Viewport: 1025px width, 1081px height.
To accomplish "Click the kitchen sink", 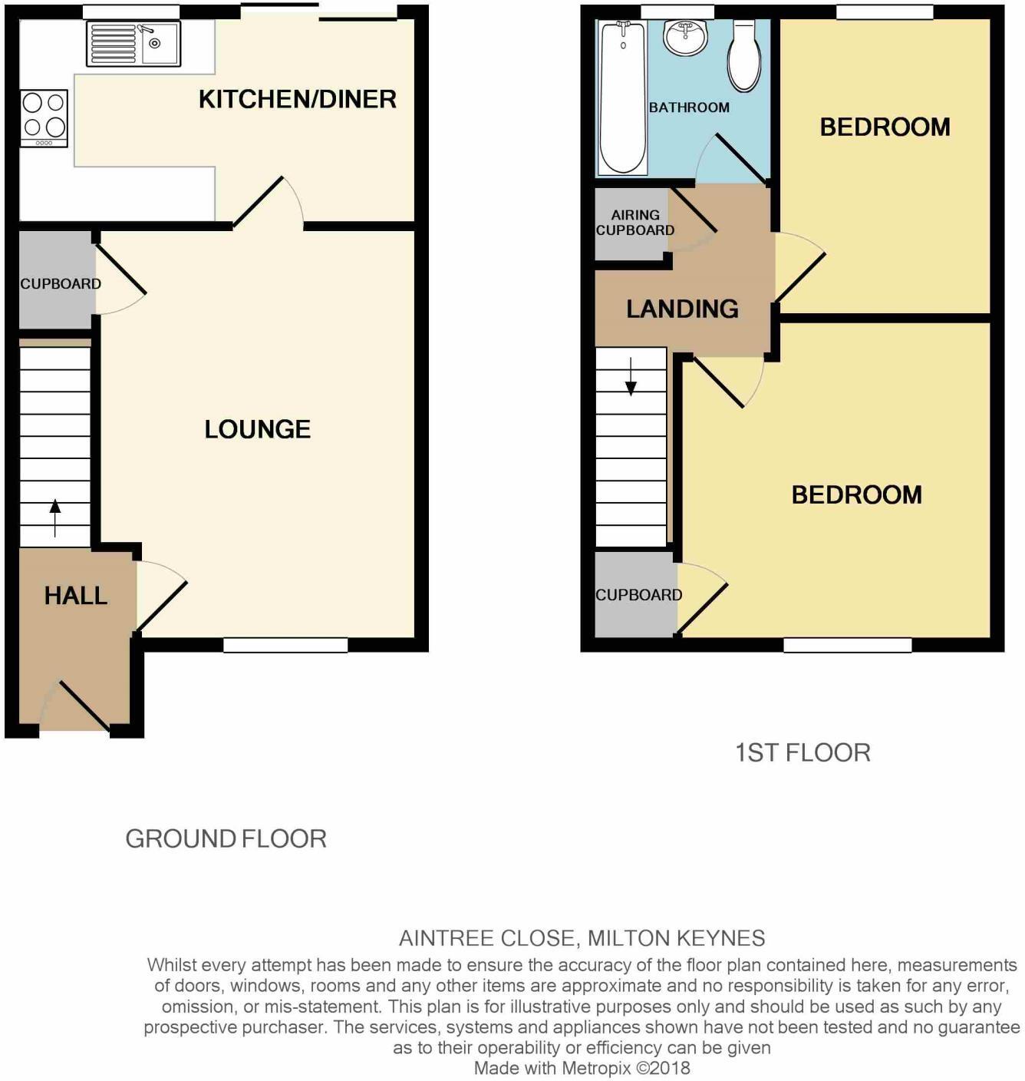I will (133, 43).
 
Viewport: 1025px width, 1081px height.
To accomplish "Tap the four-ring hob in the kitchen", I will (44, 117).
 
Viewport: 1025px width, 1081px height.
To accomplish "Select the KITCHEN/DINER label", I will (297, 99).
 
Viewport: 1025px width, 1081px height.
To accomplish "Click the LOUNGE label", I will (257, 428).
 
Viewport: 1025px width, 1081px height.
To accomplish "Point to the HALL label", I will (75, 595).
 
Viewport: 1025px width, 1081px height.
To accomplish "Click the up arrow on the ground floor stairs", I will (55, 516).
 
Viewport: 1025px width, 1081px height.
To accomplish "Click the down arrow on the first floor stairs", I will (631, 377).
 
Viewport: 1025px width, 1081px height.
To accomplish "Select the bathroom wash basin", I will (685, 38).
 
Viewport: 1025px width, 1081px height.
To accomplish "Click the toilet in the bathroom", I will (744, 55).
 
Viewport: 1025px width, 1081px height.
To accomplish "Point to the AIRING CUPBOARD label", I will (635, 223).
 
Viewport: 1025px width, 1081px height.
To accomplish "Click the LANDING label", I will (682, 309).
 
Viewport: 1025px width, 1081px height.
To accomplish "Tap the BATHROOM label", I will (689, 107).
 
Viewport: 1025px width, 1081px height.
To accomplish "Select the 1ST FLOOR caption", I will (803, 752).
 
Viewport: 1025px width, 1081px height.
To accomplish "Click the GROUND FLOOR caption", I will (226, 838).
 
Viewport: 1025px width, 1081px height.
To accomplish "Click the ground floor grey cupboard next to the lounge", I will (57, 284).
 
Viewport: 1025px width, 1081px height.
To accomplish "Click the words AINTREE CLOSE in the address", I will (488, 938).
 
